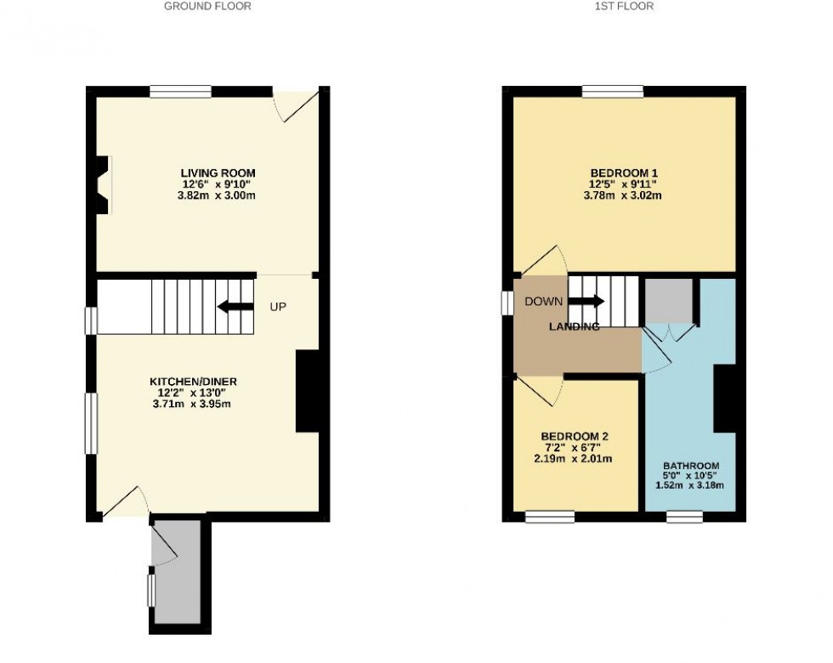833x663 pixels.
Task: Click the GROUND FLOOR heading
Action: pos(207,6)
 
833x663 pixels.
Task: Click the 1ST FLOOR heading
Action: pos(623,6)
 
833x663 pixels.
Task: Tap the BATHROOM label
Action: pos(691,466)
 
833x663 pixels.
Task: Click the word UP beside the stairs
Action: pos(278,307)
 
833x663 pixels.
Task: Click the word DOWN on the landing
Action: pos(543,301)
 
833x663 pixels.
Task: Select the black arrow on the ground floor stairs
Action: pos(235,307)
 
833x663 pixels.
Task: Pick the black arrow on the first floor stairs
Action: pos(586,301)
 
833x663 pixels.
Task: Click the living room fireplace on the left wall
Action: pos(103,184)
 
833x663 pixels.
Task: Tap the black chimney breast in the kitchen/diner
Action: pos(306,392)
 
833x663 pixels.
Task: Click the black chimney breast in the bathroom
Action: pos(724,399)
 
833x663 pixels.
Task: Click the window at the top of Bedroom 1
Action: pos(613,92)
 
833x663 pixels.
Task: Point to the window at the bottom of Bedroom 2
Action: pos(549,514)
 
